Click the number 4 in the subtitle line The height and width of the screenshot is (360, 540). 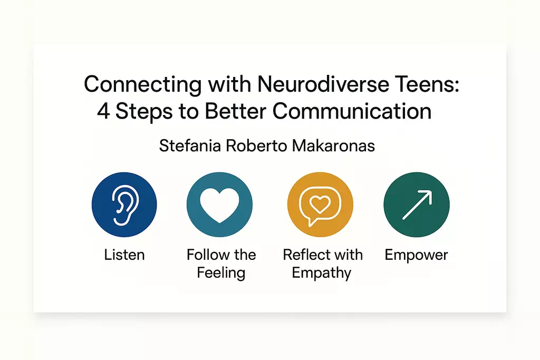(103, 111)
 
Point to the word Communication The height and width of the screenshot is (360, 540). (352, 111)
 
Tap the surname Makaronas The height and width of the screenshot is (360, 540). (333, 145)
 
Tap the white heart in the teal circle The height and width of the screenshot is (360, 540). (220, 206)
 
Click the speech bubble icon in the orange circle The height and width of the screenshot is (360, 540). (320, 206)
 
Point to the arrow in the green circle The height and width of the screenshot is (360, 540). (417, 205)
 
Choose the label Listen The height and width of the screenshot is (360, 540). (124, 255)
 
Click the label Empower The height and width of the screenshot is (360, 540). (417, 255)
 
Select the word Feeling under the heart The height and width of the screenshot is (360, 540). (221, 273)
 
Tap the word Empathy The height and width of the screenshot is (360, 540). (322, 273)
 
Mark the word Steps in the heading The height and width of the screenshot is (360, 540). (144, 112)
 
